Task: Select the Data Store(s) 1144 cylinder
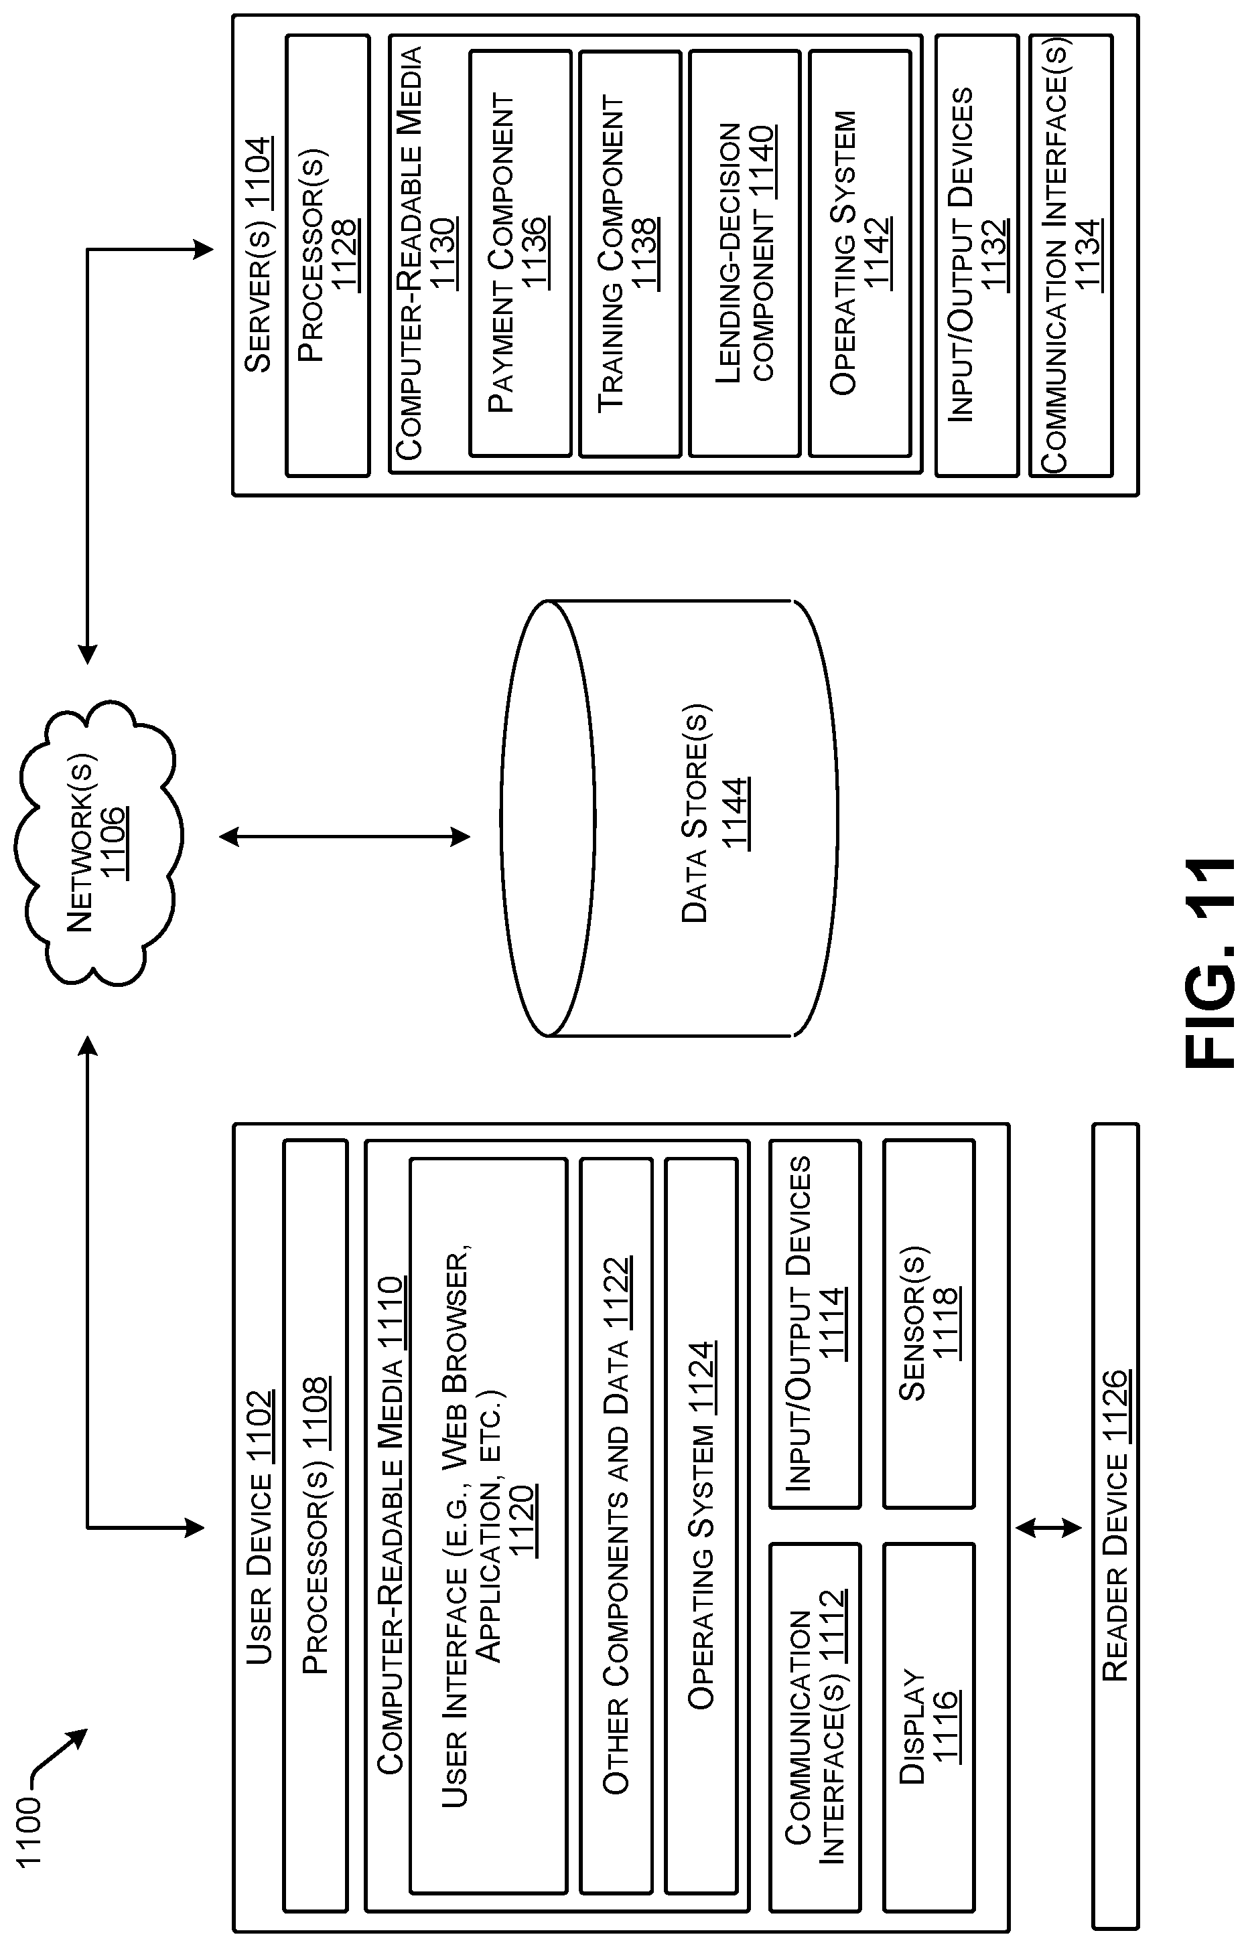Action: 669,818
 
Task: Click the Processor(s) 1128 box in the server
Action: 328,255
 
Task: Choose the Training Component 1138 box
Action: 630,254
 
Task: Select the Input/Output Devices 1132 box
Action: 977,255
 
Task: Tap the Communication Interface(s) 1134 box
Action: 1070,255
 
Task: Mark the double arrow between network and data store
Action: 344,837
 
